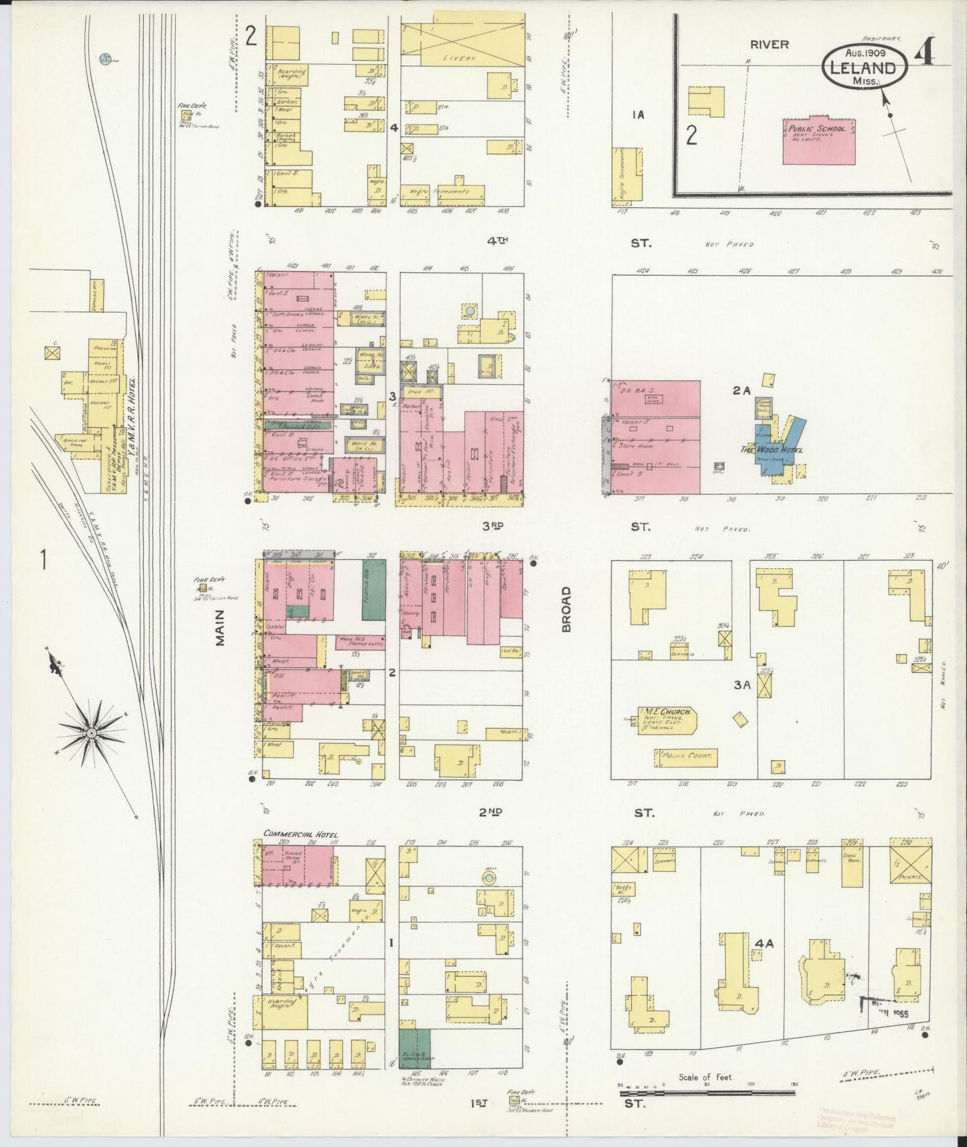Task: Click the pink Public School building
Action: (818, 141)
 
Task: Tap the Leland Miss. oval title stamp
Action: (864, 66)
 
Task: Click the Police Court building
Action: (685, 758)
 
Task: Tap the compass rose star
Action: (90, 733)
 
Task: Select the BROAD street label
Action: (566, 609)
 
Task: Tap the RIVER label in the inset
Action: (769, 45)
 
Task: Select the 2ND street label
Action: (490, 812)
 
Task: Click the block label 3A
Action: (741, 685)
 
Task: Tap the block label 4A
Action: (764, 943)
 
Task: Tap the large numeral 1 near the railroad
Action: (43, 559)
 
